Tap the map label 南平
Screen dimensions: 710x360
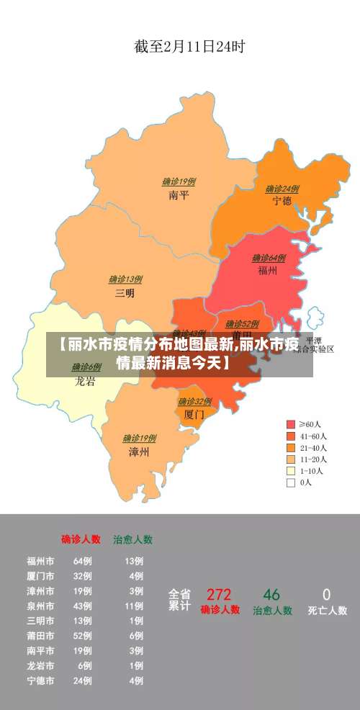point(179,194)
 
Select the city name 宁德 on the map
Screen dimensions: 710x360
point(282,201)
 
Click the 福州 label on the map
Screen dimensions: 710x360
point(268,271)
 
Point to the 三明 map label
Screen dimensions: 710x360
point(125,293)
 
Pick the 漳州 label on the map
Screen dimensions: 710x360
point(138,451)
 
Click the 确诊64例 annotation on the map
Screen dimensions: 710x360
point(269,258)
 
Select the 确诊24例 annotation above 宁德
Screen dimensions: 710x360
point(282,189)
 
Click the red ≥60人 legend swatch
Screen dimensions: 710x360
point(291,424)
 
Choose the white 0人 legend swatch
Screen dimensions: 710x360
point(291,482)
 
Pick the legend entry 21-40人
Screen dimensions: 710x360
point(313,447)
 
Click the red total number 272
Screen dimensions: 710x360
point(219,595)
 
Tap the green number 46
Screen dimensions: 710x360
point(271,595)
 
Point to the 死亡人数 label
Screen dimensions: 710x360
point(327,611)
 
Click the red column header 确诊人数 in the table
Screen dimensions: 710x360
point(81,539)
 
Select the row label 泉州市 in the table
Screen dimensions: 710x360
point(40,606)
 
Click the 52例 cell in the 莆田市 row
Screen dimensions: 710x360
point(82,636)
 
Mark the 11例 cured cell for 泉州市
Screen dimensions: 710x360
point(134,606)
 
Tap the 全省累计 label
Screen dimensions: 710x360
point(179,600)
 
